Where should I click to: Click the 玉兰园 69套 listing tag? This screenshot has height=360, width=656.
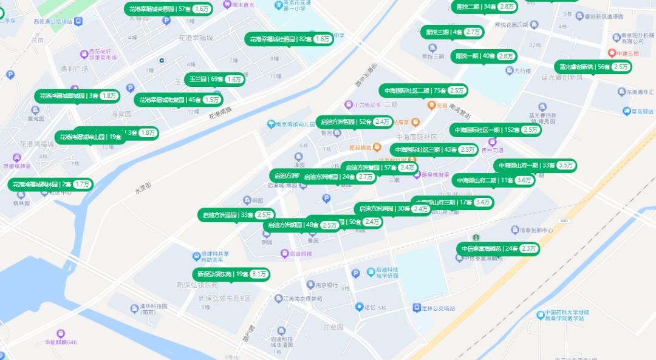(x=214, y=80)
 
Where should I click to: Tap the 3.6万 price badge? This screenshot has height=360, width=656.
(x=524, y=180)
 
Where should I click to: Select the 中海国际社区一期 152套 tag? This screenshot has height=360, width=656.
(x=495, y=130)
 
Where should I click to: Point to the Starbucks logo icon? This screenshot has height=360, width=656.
(x=476, y=237)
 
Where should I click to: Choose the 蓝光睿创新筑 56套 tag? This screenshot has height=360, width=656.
(x=592, y=67)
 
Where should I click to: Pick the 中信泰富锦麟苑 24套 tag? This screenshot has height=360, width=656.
(x=497, y=249)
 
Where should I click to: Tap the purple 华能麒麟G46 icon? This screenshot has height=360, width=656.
(x=60, y=333)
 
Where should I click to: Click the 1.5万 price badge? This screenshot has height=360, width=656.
(x=212, y=100)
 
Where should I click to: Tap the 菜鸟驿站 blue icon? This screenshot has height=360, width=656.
(x=627, y=111)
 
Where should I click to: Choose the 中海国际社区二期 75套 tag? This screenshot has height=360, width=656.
(x=423, y=90)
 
